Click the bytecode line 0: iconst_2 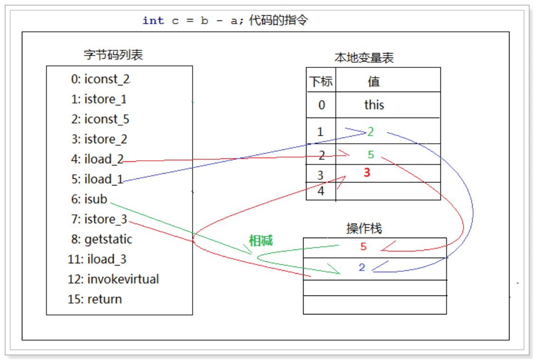100,79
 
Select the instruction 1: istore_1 99,99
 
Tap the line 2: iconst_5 100,119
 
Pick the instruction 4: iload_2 97,159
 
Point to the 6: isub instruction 89,199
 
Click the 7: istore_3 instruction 99,219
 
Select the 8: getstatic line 102,239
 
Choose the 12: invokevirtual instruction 113,279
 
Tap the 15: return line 95,299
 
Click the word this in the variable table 374,105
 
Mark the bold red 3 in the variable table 367,173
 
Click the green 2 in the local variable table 371,132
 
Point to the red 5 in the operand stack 363,247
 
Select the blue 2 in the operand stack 362,268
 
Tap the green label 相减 261,240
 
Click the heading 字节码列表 113,55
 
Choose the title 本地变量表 364,58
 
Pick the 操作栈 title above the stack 364,229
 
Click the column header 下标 321,82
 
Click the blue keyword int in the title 153,20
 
